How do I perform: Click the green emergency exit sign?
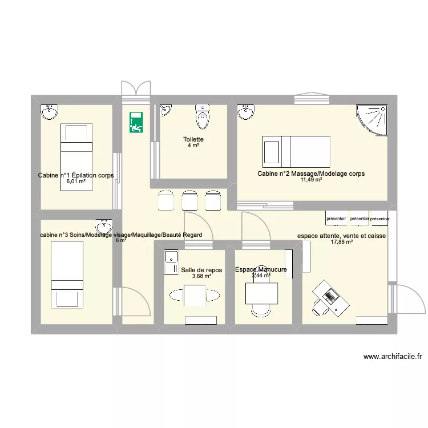(x=136, y=122)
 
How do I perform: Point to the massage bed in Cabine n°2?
(x=296, y=151)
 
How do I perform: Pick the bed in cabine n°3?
(x=67, y=274)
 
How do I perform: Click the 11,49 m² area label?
(x=312, y=180)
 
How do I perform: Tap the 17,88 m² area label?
(x=341, y=242)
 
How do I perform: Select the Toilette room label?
(x=193, y=139)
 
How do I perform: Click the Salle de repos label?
(x=201, y=270)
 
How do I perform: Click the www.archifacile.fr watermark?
(x=393, y=357)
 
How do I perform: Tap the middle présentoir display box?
(x=360, y=218)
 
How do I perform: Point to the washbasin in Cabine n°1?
(x=50, y=112)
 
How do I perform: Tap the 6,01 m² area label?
(x=75, y=181)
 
